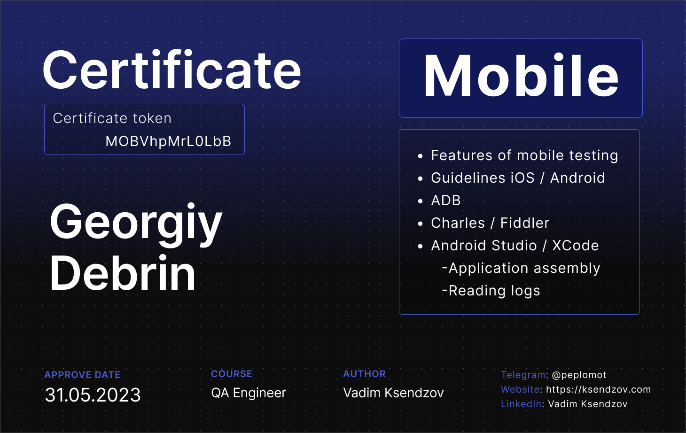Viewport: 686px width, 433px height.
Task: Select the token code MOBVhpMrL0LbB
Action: coord(168,141)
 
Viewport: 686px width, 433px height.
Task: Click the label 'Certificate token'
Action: coord(112,118)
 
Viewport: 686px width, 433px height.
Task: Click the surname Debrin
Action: coord(123,273)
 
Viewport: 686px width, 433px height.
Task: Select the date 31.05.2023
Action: coord(93,394)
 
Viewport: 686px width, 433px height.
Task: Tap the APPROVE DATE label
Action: coord(82,375)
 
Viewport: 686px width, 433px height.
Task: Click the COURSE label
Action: coord(232,374)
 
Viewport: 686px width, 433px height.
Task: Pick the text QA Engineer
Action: coord(249,393)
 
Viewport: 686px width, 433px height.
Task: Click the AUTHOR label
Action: coord(365,374)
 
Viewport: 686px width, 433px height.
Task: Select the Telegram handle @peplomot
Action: coord(579,375)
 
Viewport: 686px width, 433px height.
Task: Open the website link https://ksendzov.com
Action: coord(599,389)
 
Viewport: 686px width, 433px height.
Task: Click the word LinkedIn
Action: coord(521,404)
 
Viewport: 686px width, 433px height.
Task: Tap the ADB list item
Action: coord(445,201)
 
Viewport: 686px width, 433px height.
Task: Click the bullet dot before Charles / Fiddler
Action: coord(420,224)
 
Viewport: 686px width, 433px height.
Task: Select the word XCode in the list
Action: coord(575,246)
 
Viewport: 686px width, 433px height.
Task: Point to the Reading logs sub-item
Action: coord(491,291)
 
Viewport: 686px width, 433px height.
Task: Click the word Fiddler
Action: coord(525,223)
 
